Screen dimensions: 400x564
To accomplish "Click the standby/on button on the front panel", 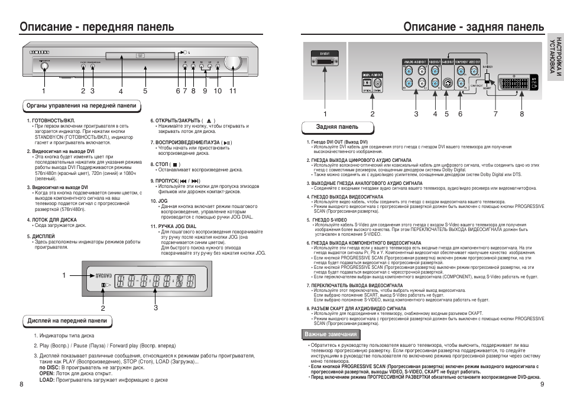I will coord(43,66).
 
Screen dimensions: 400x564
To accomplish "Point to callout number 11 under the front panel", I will coord(233,92).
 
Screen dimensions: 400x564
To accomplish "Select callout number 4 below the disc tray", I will coord(121,92).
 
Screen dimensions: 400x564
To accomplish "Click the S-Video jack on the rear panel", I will coord(449,83).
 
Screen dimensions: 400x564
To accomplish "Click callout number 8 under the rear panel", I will coord(522,114).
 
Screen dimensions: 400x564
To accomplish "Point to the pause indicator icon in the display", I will coord(104,286).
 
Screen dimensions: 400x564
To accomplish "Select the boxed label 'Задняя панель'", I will coord(338,127).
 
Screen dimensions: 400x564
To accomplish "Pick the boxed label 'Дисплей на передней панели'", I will coord(67,321).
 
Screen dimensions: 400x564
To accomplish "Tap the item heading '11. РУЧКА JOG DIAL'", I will coord(173,226).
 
